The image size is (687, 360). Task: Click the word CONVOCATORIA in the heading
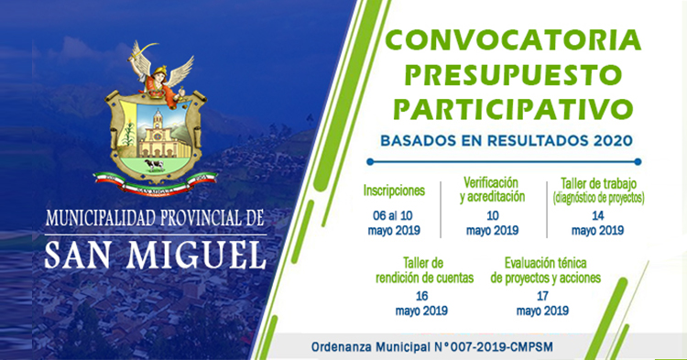(513, 40)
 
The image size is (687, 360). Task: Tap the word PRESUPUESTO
(513, 75)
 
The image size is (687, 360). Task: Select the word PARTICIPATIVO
(513, 109)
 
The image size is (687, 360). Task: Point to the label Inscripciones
(394, 191)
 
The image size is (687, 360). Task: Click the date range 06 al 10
(393, 215)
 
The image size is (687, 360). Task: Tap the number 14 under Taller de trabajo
(597, 215)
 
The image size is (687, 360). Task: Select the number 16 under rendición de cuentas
(421, 296)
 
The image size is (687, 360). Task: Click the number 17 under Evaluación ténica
(542, 296)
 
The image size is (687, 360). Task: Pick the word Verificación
(491, 182)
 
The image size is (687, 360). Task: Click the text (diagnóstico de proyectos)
(598, 199)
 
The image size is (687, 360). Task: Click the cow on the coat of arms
(154, 165)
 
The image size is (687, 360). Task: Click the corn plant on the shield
(128, 132)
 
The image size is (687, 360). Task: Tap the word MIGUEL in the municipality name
(196, 255)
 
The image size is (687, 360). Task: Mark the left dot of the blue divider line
(370, 162)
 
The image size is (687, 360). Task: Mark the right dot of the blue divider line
(638, 162)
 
